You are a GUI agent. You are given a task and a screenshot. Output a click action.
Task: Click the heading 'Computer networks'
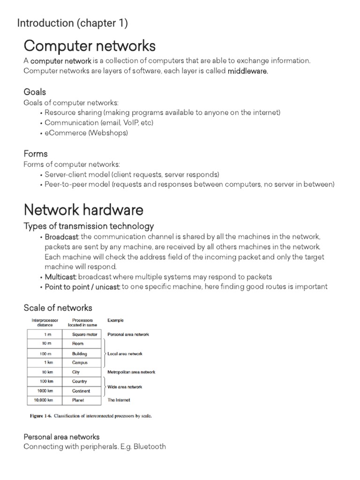tap(90, 46)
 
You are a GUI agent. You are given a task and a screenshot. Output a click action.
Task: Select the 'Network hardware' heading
tap(83, 210)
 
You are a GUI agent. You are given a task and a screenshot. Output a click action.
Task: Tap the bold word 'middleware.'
tap(248, 71)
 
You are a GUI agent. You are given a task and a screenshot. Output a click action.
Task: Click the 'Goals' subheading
tap(35, 91)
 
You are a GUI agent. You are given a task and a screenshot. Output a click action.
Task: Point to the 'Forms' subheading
tap(36, 154)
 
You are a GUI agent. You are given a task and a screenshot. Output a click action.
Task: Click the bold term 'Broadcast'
tap(58, 237)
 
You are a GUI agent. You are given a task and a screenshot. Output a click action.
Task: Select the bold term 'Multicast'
tap(58, 277)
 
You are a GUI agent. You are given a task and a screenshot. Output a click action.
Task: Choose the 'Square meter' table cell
tap(84, 335)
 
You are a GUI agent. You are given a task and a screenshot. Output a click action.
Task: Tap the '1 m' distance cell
tap(46, 335)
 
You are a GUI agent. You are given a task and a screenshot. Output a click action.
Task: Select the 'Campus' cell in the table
tap(80, 363)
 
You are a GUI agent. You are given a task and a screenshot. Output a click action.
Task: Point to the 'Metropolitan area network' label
tap(131, 372)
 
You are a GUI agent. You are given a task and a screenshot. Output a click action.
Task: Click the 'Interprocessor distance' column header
tap(45, 322)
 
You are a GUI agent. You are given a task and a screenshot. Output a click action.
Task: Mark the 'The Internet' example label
tap(119, 400)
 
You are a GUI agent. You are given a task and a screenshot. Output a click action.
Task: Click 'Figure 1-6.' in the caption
tap(38, 416)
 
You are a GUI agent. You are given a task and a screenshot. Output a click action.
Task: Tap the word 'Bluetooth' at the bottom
tap(150, 447)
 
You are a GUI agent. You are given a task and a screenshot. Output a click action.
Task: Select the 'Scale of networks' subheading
tap(58, 308)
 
